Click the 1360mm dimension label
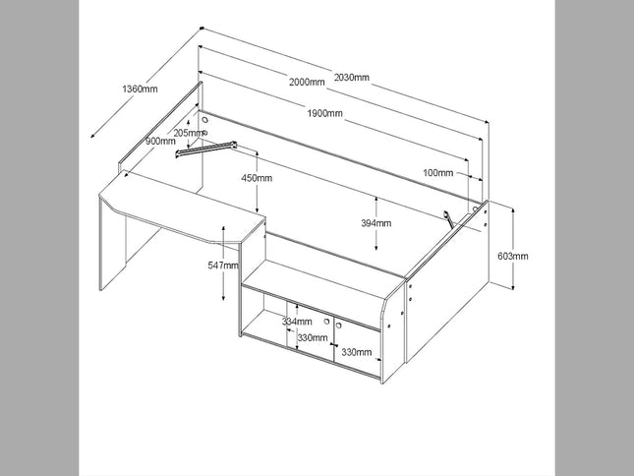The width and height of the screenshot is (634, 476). click(140, 89)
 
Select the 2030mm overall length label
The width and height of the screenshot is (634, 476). click(351, 77)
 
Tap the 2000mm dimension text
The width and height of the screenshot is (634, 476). click(306, 83)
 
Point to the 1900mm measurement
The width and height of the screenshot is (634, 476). click(323, 114)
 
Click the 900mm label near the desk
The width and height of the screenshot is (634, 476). click(160, 141)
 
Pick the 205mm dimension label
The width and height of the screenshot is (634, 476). click(188, 132)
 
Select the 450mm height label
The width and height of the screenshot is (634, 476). click(258, 178)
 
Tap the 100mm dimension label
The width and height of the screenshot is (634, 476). click(438, 172)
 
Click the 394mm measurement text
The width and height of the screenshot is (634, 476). click(375, 223)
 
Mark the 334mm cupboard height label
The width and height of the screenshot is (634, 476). click(296, 322)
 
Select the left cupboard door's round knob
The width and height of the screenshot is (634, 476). click(324, 322)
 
